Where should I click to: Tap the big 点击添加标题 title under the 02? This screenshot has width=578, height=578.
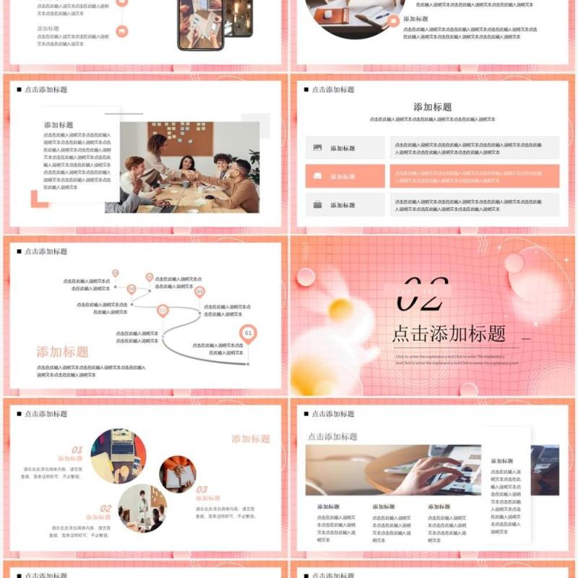[x=448, y=334]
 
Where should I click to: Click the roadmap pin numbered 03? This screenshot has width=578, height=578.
[x=199, y=291]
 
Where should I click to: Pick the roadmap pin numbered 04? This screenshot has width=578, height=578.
[x=131, y=289]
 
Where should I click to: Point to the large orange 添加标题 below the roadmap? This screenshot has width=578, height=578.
[x=63, y=352]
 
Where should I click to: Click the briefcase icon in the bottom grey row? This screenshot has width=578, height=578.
[x=318, y=204]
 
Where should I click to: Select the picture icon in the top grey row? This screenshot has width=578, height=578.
[x=318, y=147]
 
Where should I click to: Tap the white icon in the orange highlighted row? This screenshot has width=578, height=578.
[x=318, y=176]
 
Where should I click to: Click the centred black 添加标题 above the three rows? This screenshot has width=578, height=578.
[x=433, y=107]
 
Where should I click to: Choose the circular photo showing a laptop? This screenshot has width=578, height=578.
[x=118, y=456]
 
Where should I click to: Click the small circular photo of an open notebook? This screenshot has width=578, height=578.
[x=178, y=474]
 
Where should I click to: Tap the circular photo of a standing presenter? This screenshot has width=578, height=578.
[x=142, y=507]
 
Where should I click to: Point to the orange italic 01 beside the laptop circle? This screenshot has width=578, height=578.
[x=77, y=449]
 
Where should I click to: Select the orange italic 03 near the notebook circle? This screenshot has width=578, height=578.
[x=202, y=489]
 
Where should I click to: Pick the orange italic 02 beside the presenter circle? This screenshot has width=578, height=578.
[x=105, y=508]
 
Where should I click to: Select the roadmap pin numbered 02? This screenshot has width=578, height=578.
[x=163, y=311]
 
